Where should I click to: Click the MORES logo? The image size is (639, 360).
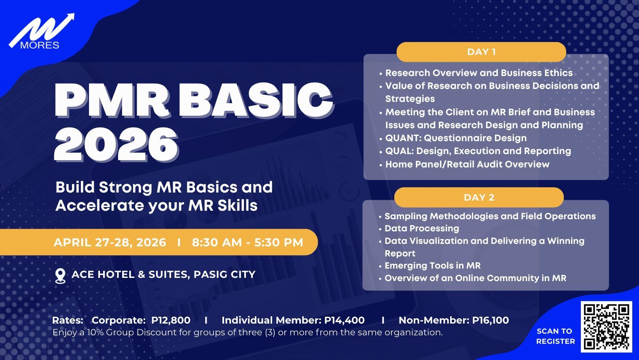[41, 32]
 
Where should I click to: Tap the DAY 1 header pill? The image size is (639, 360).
[481, 52]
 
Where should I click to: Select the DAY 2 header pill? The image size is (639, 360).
[479, 197]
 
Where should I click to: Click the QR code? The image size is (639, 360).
[606, 326]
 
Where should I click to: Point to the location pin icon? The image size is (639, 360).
[60, 276]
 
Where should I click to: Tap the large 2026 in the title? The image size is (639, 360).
[116, 144]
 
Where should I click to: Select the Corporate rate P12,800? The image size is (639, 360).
[171, 320]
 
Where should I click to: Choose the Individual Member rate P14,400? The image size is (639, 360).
[344, 320]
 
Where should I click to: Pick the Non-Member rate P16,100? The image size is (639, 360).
[491, 320]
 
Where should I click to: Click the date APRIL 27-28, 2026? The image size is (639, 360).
[110, 242]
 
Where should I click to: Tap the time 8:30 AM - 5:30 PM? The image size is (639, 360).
[248, 242]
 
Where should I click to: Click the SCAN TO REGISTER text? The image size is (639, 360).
[555, 336]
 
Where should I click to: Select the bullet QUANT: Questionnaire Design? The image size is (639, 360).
[456, 138]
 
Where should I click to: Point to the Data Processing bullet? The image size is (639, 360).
[422, 229]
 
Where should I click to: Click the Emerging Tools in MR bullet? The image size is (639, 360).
[432, 266]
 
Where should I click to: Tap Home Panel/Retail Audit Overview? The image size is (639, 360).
[467, 164]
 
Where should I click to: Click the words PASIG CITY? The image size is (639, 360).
[224, 274]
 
